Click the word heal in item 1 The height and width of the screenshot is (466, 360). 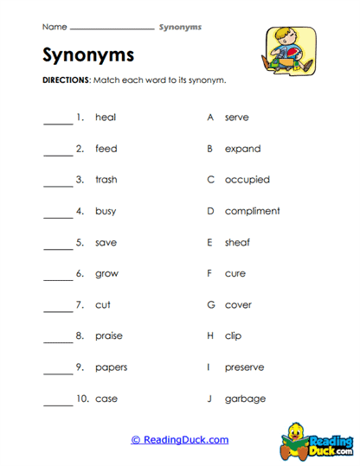pyautogui.click(x=105, y=118)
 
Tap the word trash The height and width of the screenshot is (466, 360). pyautogui.click(x=106, y=180)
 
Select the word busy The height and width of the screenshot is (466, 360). pyautogui.click(x=105, y=211)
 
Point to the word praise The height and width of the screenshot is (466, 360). pyautogui.click(x=108, y=335)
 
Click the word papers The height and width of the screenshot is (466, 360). pyautogui.click(x=111, y=367)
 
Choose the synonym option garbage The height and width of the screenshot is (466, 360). pyautogui.click(x=245, y=399)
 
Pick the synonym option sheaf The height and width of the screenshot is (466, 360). pyautogui.click(x=237, y=242)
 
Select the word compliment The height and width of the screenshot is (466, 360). pyautogui.click(x=252, y=211)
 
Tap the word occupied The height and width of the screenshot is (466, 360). pyautogui.click(x=247, y=180)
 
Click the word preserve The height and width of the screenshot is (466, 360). pyautogui.click(x=244, y=367)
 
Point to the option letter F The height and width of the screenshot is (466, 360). pyautogui.click(x=209, y=273)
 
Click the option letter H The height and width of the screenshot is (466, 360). pyautogui.click(x=210, y=335)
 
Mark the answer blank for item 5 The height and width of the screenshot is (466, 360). pyautogui.click(x=58, y=247)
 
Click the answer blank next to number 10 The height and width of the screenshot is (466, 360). pyautogui.click(x=58, y=403)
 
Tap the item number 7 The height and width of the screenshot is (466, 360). pyautogui.click(x=80, y=304)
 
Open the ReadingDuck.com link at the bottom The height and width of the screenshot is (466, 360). pyautogui.click(x=179, y=440)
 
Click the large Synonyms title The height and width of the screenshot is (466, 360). pyautogui.click(x=88, y=55)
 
